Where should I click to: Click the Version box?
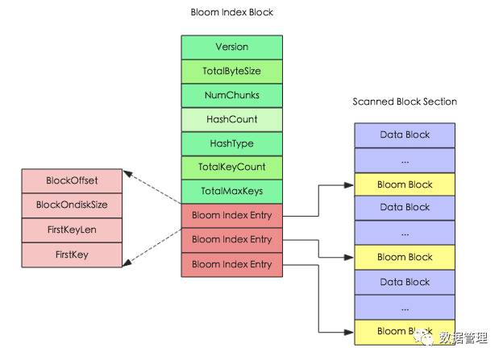(x=231, y=48)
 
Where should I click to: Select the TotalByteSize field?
(x=231, y=71)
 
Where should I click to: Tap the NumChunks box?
(x=231, y=95)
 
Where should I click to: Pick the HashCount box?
(x=231, y=119)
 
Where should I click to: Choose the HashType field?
(x=231, y=143)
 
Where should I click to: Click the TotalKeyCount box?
(x=231, y=168)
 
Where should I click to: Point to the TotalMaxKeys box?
(x=231, y=192)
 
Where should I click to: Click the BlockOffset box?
(x=72, y=180)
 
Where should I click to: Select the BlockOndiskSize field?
(x=72, y=205)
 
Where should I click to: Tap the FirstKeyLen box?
(x=72, y=230)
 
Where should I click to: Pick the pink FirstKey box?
(x=72, y=254)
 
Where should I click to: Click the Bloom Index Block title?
(x=231, y=12)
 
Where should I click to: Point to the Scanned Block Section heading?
(x=405, y=101)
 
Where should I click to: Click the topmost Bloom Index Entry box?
(x=231, y=215)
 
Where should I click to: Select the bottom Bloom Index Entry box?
(x=231, y=265)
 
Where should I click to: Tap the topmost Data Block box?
(x=405, y=135)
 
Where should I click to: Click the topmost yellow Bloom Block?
(x=405, y=184)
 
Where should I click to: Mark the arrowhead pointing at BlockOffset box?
(x=127, y=173)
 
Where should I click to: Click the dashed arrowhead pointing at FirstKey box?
(x=127, y=263)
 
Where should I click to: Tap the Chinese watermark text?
(x=464, y=338)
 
